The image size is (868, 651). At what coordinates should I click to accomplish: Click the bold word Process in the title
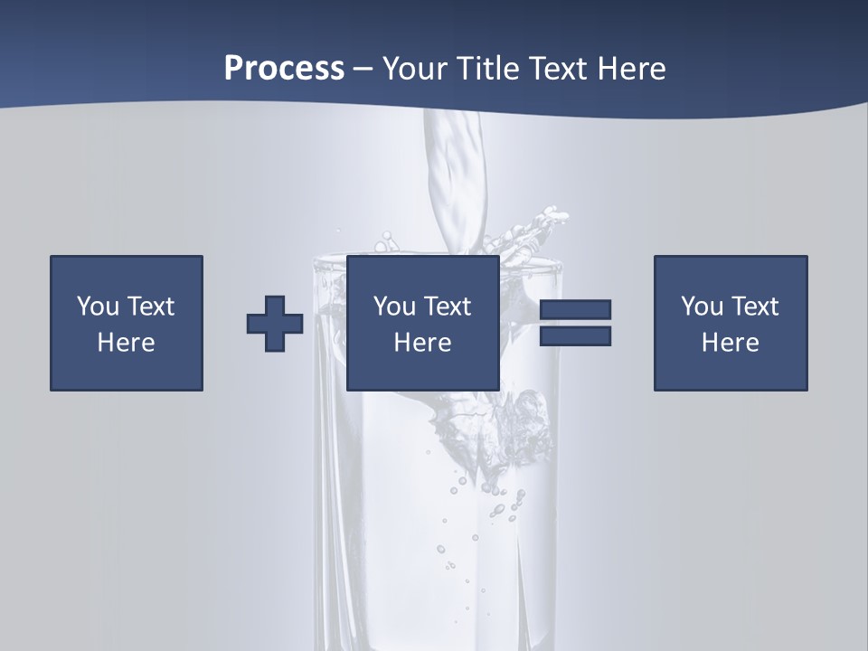point(284,69)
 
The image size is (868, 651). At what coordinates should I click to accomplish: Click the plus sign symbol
point(275,324)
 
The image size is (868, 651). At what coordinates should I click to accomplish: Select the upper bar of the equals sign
point(575,310)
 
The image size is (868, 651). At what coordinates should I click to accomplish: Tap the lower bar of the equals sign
point(575,336)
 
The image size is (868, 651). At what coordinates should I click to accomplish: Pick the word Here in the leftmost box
point(127,343)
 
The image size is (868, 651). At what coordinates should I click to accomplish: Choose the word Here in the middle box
point(423,343)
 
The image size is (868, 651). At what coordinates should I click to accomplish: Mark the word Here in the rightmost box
point(731,343)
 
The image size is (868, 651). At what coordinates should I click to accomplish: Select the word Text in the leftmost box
point(151,307)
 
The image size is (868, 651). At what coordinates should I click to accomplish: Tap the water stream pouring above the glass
point(457,181)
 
